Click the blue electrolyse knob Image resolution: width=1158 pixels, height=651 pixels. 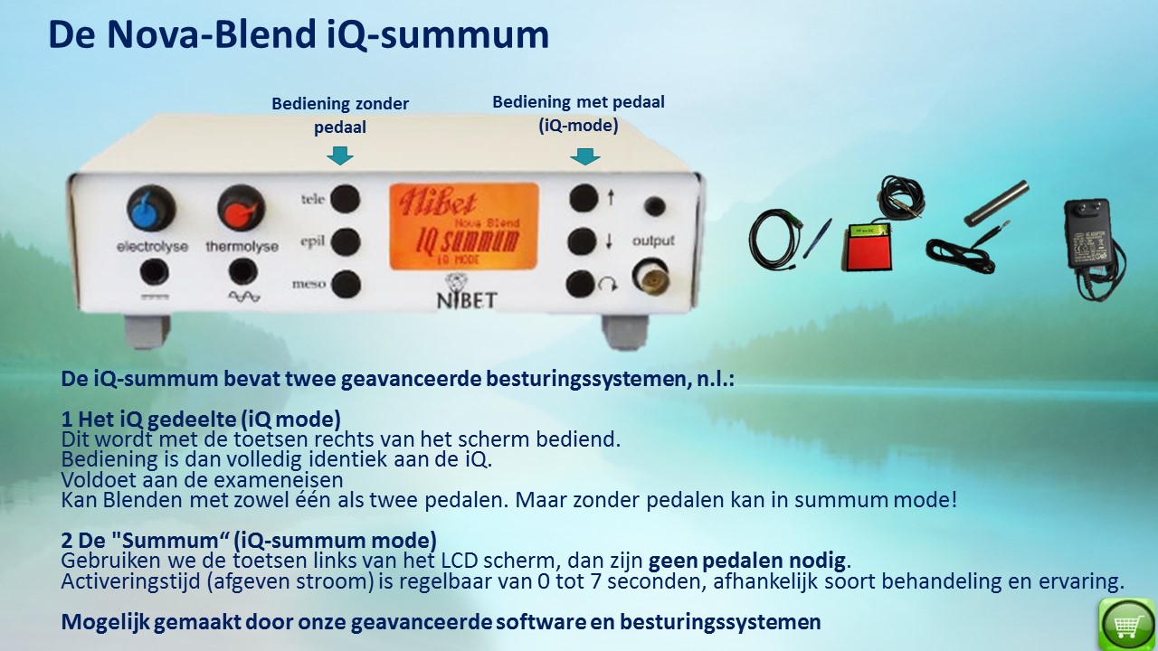coord(151,208)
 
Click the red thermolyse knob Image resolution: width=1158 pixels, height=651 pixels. coord(241,208)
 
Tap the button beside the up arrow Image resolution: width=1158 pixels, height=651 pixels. coord(584,198)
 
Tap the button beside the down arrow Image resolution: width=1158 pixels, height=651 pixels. coord(583,241)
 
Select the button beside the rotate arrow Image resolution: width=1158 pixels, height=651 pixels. coord(581,284)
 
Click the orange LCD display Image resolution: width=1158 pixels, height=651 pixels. coord(464,226)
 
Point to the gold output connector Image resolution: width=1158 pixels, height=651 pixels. coord(650,277)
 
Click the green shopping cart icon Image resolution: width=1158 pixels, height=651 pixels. coord(1127,624)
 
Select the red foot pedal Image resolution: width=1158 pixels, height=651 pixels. coord(869,247)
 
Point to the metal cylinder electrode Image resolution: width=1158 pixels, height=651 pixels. coord(996,203)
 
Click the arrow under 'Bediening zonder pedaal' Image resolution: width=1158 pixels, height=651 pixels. coord(340,156)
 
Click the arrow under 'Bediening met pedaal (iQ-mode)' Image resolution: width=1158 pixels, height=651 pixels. coord(585,156)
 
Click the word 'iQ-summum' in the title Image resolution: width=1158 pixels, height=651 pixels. coord(438,34)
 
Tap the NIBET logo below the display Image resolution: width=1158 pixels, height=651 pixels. coord(466,291)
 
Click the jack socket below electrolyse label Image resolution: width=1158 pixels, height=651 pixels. coord(154,272)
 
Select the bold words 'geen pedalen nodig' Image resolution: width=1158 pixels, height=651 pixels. coord(747,561)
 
